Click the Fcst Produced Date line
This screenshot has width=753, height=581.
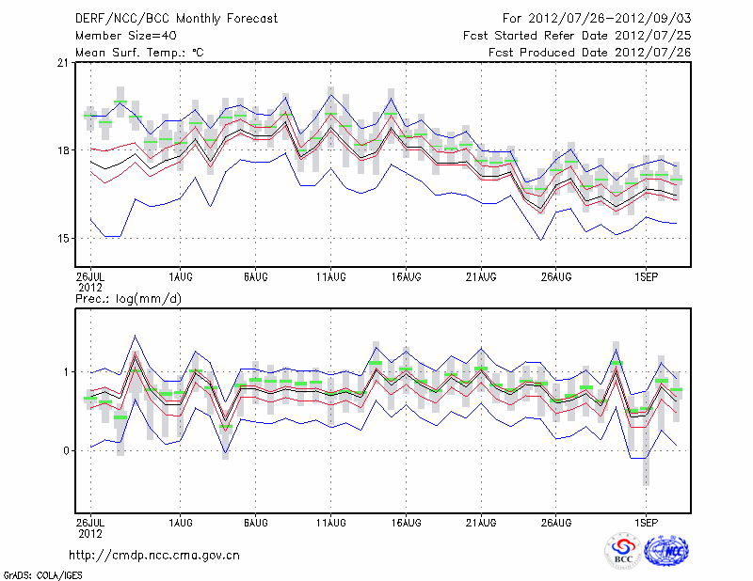[590, 52]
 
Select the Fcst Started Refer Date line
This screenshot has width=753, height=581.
[577, 35]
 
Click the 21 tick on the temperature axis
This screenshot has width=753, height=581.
[62, 63]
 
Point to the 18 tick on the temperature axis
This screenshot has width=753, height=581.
[62, 150]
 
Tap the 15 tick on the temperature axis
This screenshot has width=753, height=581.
[62, 238]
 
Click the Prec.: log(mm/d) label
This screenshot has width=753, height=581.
[127, 298]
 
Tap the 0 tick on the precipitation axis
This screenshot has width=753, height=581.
[66, 450]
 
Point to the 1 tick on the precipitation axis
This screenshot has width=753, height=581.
[66, 372]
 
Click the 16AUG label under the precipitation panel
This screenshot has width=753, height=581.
[406, 520]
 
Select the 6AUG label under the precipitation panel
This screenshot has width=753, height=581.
[255, 520]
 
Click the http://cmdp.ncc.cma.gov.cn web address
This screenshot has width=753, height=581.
[155, 555]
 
